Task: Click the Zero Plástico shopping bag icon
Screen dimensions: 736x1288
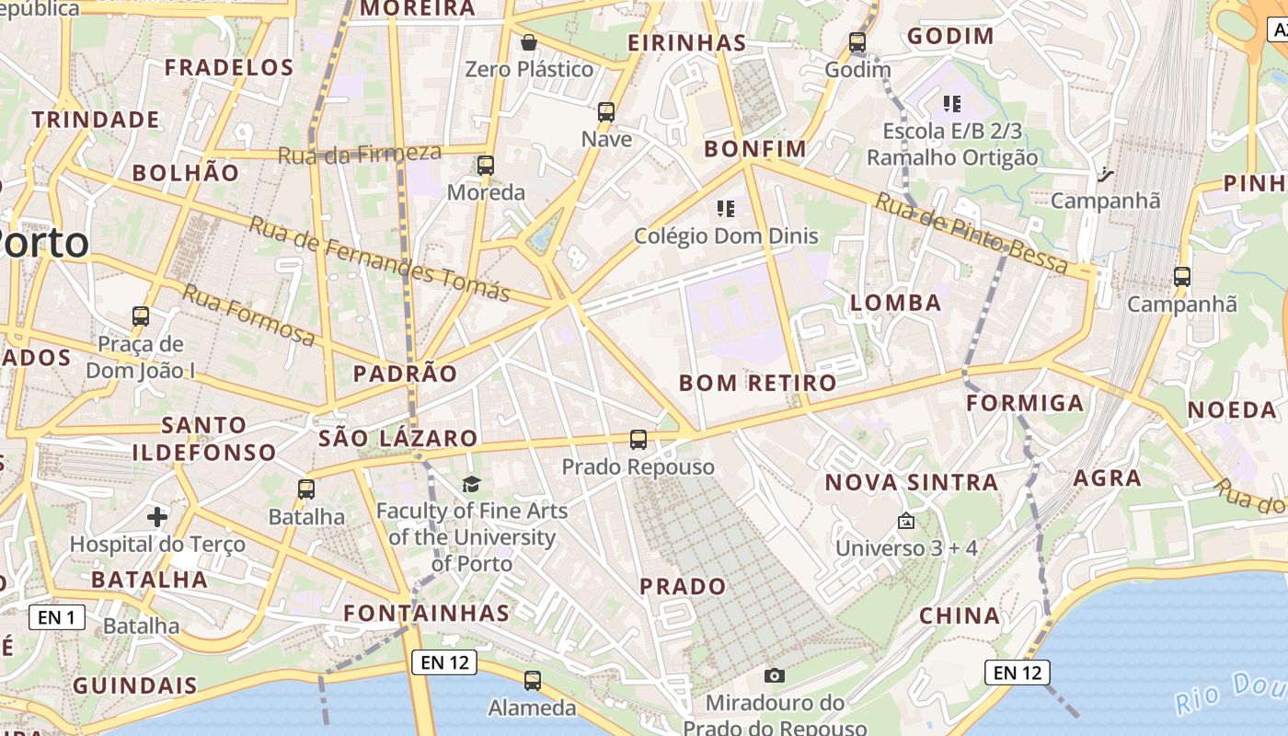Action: click(x=529, y=42)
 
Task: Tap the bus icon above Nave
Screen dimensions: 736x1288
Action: click(x=606, y=112)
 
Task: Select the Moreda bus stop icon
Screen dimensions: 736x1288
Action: click(x=486, y=166)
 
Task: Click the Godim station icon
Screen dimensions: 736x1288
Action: click(x=857, y=42)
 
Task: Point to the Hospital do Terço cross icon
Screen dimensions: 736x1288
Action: click(x=157, y=517)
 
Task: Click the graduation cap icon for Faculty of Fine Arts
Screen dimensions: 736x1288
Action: click(x=471, y=484)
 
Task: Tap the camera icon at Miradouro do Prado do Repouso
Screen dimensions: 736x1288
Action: click(x=775, y=676)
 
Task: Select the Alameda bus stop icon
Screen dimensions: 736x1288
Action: click(x=533, y=681)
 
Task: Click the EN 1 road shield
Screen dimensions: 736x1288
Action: click(x=57, y=617)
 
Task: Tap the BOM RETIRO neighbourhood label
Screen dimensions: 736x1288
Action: click(x=758, y=383)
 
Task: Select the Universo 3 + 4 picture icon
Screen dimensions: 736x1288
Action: click(x=906, y=522)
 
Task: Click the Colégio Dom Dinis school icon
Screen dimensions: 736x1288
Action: click(x=726, y=209)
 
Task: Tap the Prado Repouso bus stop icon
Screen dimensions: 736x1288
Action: click(x=638, y=440)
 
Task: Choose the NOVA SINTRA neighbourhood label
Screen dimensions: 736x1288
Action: click(x=911, y=482)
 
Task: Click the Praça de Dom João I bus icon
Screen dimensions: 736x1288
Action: click(x=141, y=316)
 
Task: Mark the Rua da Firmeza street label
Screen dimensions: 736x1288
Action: click(x=359, y=154)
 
